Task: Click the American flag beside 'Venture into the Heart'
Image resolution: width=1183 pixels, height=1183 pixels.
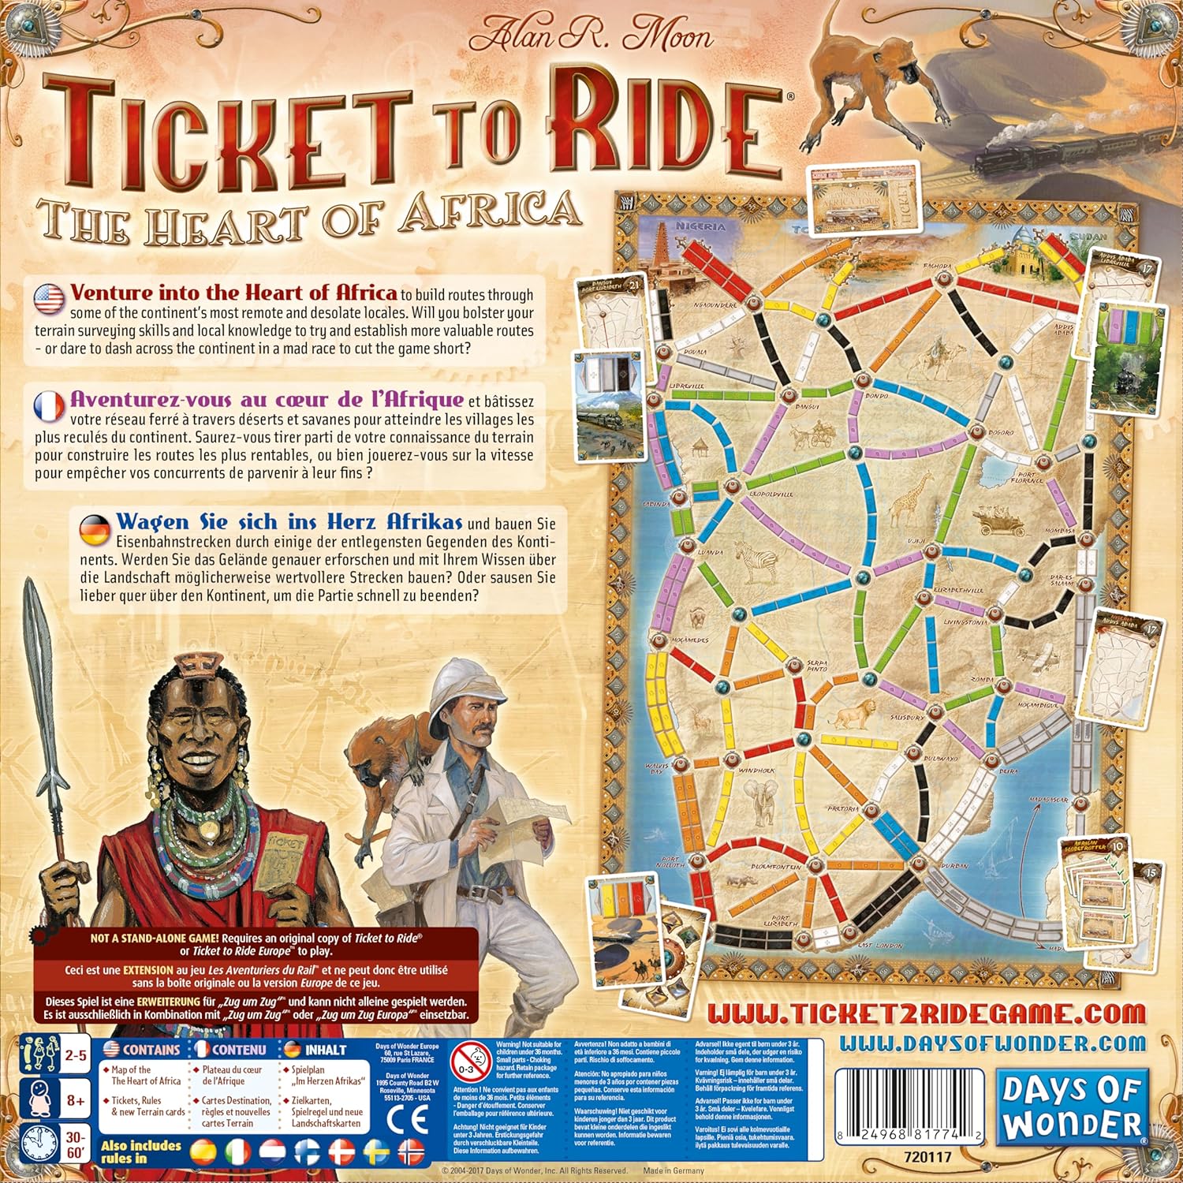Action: pos(49,298)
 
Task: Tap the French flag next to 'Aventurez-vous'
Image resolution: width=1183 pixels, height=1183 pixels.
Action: pos(49,405)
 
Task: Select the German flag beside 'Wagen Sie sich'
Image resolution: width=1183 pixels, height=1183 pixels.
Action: pos(95,528)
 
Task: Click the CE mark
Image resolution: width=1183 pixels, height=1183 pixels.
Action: pos(409,1119)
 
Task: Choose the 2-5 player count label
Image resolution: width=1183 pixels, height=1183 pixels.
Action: pos(76,1054)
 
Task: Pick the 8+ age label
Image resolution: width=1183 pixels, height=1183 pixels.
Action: pos(76,1099)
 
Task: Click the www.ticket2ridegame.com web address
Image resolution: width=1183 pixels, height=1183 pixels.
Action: pos(926,1013)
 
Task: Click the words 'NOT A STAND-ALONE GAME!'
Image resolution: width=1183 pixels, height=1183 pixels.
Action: pos(155,939)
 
